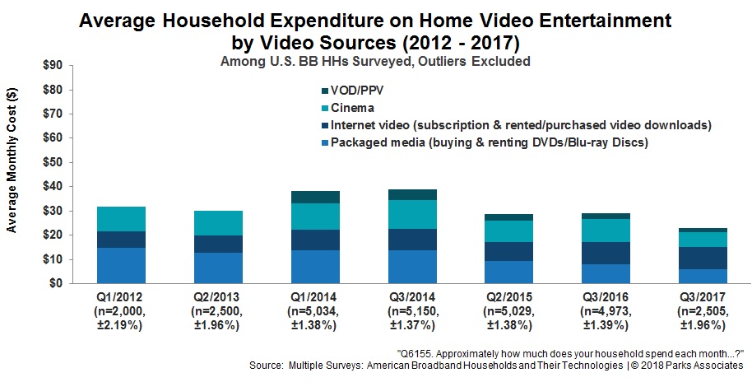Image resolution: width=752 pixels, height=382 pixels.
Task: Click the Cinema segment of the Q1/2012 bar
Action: [x=121, y=219]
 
